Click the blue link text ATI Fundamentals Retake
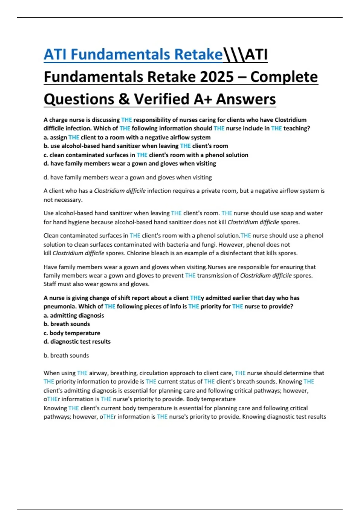pos(133,55)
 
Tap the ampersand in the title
pos(124,99)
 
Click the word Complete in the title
pos(284,77)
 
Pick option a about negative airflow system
pos(127,137)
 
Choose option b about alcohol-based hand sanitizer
pos(136,146)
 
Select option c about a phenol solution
pos(146,155)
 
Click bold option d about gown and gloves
pos(130,163)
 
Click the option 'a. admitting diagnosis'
pos(74,316)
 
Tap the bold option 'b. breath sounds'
pos(67,324)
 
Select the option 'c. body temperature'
pos(72,333)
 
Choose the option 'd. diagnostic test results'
pos(77,342)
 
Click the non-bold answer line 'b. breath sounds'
pos(66,355)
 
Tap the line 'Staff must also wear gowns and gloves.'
pos(96,284)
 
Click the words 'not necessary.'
pos(63,200)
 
